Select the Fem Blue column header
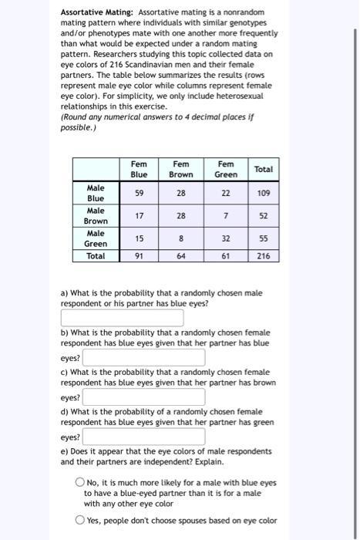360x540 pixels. pyautogui.click(x=139, y=169)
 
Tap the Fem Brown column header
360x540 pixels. pyautogui.click(x=181, y=169)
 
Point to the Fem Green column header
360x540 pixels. pyautogui.click(x=226, y=169)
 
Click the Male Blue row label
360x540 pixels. pyautogui.click(x=96, y=193)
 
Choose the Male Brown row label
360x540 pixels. pyautogui.click(x=96, y=215)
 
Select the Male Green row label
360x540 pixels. pyautogui.click(x=96, y=238)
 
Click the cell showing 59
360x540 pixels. pyautogui.click(x=139, y=193)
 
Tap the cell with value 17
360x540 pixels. pyautogui.click(x=139, y=216)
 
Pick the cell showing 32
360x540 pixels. pyautogui.click(x=226, y=239)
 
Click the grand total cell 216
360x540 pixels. pyautogui.click(x=264, y=255)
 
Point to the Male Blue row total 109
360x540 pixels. pyautogui.click(x=264, y=193)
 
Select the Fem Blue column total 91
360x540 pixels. pyautogui.click(x=139, y=255)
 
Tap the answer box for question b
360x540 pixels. pyautogui.click(x=144, y=358)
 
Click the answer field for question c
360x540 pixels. pyautogui.click(x=144, y=397)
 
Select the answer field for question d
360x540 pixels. pyautogui.click(x=144, y=437)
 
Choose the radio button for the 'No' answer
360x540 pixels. pyautogui.click(x=79, y=483)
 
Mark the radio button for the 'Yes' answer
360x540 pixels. pyautogui.click(x=79, y=520)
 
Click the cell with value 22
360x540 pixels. pyautogui.click(x=226, y=193)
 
